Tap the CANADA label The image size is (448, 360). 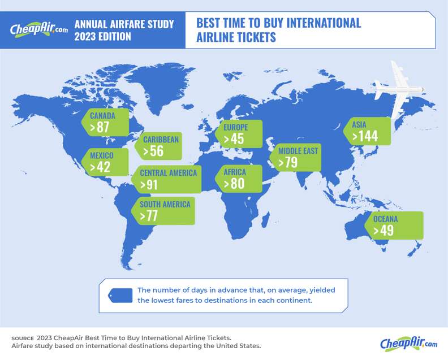click(102, 116)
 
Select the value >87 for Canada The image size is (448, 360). click(100, 128)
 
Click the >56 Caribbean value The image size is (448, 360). click(153, 151)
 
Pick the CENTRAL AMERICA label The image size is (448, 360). click(169, 173)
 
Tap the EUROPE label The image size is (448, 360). click(235, 127)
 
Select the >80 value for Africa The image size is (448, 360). click(234, 184)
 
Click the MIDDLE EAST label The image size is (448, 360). click(298, 151)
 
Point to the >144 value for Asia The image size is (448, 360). click(365, 136)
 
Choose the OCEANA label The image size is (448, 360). click(385, 219)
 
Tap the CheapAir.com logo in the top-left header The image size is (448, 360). click(38, 29)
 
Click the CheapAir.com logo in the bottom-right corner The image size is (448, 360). click(409, 343)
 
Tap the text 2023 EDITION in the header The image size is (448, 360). click(103, 37)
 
